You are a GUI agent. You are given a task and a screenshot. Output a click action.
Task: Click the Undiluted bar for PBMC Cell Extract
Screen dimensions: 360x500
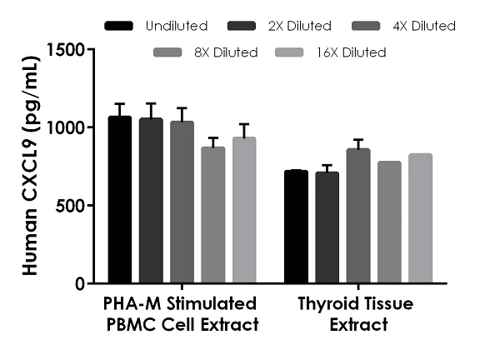click(x=120, y=200)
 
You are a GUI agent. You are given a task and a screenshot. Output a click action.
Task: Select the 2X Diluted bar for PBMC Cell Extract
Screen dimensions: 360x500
click(x=151, y=201)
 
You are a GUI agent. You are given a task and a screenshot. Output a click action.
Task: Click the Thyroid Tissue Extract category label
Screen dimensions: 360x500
click(x=358, y=312)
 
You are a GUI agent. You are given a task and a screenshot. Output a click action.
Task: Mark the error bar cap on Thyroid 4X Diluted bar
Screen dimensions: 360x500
click(x=358, y=139)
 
